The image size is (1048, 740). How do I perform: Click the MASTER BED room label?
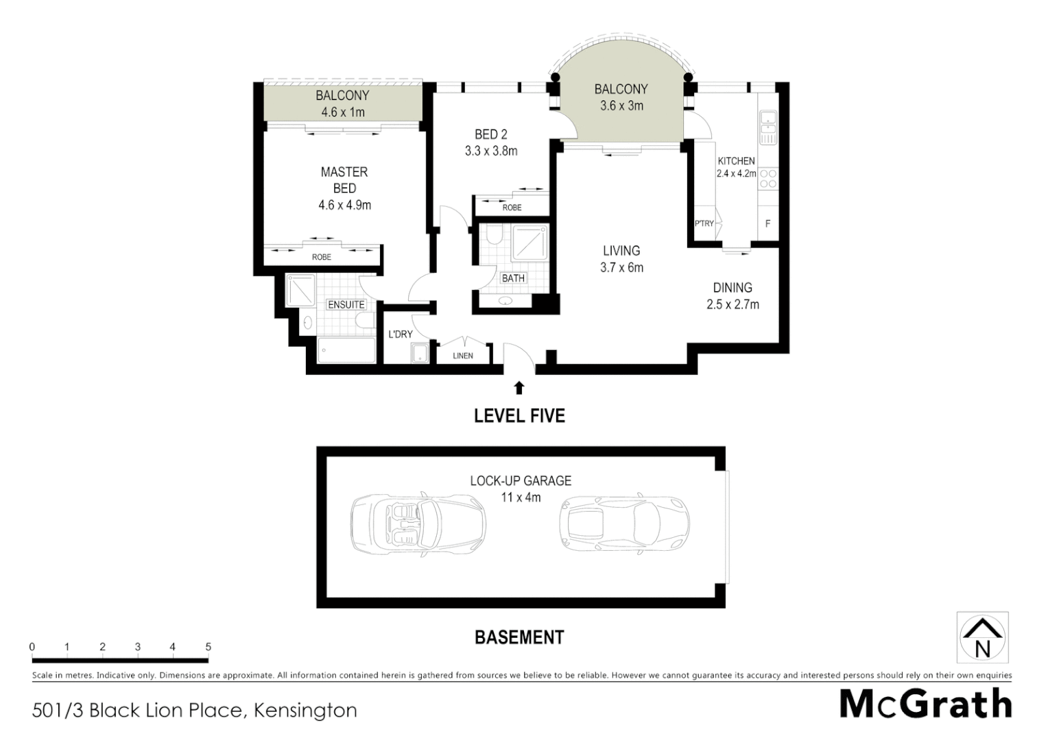coord(344,180)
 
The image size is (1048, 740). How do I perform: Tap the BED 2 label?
coord(491,134)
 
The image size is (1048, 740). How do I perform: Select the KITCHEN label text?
coord(736,161)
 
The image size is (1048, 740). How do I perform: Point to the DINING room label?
coord(733,288)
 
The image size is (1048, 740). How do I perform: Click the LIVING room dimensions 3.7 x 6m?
coord(621,268)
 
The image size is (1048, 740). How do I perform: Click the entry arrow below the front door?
coord(519,388)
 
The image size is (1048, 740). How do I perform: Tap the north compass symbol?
coord(982,637)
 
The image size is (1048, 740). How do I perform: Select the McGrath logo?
coord(925,704)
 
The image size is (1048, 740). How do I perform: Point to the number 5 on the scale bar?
coord(208,647)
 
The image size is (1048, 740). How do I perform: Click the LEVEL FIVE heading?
coord(519,416)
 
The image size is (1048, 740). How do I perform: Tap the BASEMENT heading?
coord(519,638)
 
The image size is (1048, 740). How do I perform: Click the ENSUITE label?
coord(346,304)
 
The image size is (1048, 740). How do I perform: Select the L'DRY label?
coord(401,334)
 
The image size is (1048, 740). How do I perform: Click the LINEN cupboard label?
coord(463,356)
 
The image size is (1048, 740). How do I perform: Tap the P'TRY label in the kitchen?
coord(704,223)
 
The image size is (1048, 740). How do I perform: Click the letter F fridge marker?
coord(767,224)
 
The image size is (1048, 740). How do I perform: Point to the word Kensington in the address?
coord(305,711)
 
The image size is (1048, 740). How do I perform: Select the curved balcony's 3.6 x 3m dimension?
coord(621,106)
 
